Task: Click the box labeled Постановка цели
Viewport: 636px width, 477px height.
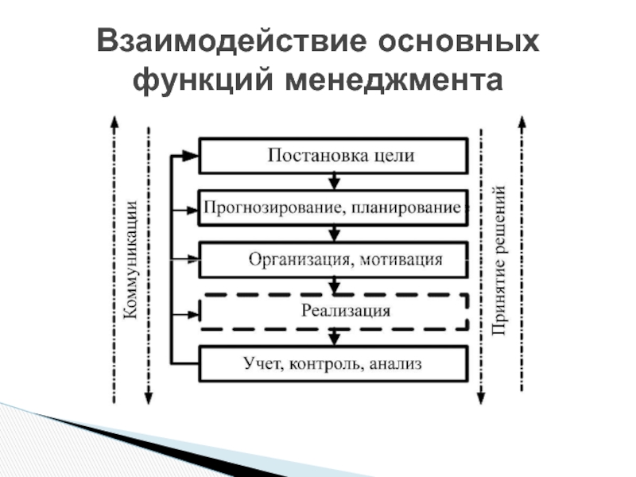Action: pyautogui.click(x=333, y=156)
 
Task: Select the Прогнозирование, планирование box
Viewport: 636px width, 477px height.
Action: pyautogui.click(x=333, y=208)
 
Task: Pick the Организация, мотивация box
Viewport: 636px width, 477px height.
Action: pyautogui.click(x=333, y=259)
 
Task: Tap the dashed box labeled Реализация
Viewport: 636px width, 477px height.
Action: pyautogui.click(x=333, y=312)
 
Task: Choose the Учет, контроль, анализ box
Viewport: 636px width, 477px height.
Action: pyautogui.click(x=333, y=365)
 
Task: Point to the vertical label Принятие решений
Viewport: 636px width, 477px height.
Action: pyautogui.click(x=500, y=261)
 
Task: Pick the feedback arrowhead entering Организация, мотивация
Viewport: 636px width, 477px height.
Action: pyautogui.click(x=191, y=260)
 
